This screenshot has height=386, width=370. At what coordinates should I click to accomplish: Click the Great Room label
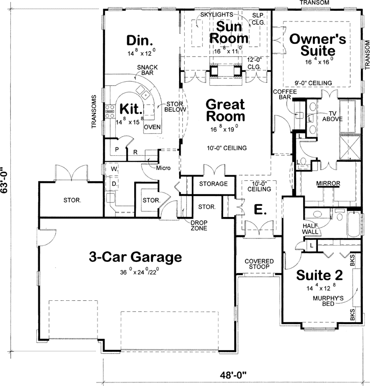tap(225, 110)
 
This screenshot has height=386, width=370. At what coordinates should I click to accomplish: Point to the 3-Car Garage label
tap(135, 257)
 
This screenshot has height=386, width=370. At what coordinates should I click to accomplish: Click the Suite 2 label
tap(320, 274)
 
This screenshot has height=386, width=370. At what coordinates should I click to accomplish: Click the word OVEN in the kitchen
tap(153, 127)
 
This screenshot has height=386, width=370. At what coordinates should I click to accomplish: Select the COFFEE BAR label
tap(285, 95)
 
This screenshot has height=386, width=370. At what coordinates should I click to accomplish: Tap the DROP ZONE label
tap(199, 226)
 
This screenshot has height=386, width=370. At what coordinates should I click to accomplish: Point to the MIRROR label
tap(329, 183)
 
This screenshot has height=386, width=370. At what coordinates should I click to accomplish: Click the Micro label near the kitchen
tap(163, 168)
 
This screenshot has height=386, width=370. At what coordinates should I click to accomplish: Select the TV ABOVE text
tap(332, 116)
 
